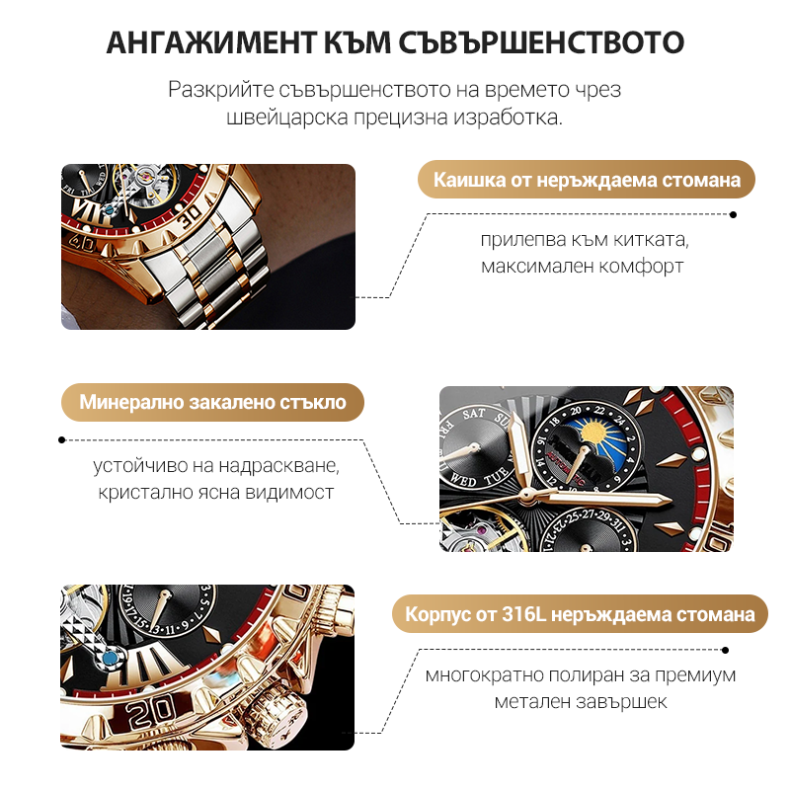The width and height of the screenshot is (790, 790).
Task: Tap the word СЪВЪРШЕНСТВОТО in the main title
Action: (541, 42)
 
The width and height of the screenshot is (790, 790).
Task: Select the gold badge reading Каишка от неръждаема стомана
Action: (587, 180)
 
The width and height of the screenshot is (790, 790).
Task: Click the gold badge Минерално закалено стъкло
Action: (212, 402)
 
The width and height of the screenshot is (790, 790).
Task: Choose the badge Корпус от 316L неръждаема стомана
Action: (580, 614)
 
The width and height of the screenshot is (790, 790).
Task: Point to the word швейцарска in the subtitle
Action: (287, 118)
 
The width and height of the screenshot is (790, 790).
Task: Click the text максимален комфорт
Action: (582, 266)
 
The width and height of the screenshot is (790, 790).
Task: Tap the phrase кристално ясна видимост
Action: (215, 492)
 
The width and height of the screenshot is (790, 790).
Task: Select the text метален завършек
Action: (581, 701)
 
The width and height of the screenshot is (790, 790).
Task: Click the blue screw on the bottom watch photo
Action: (110, 659)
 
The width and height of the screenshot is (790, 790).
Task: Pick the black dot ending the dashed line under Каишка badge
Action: (733, 215)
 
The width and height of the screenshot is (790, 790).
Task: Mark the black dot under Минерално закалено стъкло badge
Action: (62, 439)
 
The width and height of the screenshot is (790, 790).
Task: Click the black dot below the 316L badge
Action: (725, 651)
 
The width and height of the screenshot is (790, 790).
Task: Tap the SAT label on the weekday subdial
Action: (474, 414)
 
